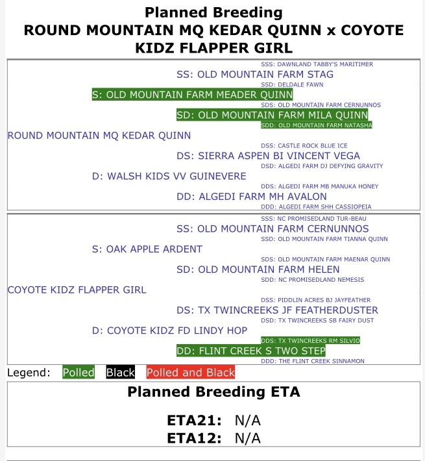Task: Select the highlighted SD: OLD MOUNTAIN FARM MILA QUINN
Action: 272,115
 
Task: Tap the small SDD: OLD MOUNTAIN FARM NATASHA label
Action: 316,125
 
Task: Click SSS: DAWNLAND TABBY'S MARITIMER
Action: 317,64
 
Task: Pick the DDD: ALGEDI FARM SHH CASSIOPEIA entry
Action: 315,206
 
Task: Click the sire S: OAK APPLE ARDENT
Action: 147,249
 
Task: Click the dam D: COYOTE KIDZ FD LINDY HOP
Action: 169,330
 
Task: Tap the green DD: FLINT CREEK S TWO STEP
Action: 250,351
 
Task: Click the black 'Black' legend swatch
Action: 120,373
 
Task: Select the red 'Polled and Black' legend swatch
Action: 190,373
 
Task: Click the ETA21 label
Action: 194,421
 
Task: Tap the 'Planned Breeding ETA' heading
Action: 213,392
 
